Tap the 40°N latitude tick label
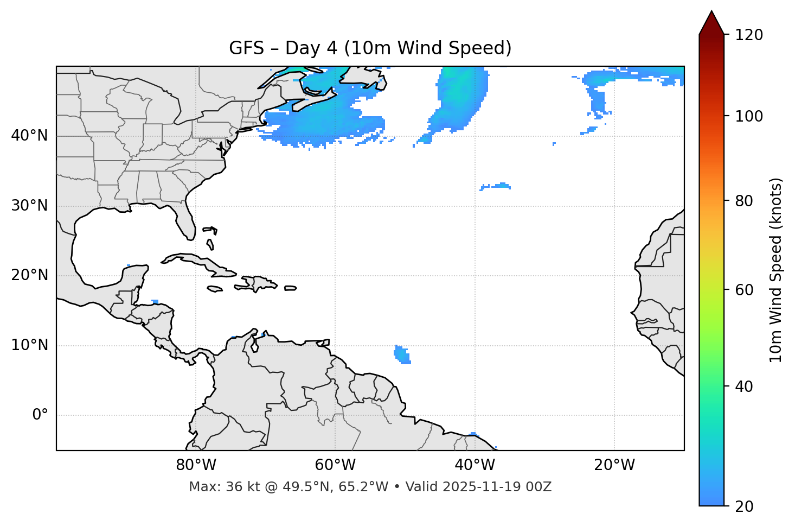coord(29,136)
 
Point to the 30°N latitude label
coord(29,206)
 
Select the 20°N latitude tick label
coord(29,275)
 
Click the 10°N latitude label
coord(29,345)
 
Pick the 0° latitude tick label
coord(40,415)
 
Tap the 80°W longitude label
coord(196,465)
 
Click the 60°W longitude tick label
coord(335,465)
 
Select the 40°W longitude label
coord(475,465)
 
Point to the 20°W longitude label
coord(614,465)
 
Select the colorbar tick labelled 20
coord(744,506)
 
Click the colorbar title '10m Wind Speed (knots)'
coord(776,270)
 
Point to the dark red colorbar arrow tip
coord(711,13)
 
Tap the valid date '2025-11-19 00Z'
coord(497,487)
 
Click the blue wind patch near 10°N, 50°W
coord(402,354)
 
